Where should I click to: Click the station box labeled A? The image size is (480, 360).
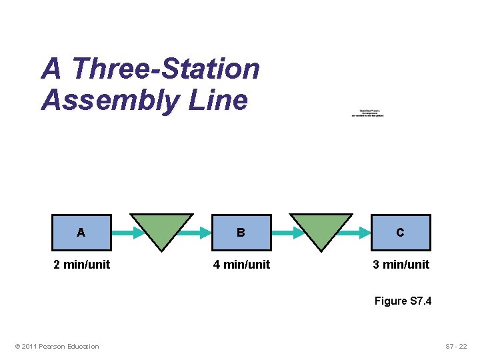click(81, 232)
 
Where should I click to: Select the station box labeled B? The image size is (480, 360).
click(241, 232)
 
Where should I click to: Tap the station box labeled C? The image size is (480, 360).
click(400, 232)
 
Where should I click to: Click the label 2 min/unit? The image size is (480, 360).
click(81, 265)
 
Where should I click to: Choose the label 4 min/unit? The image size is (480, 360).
click(241, 265)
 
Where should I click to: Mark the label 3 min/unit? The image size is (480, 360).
click(401, 265)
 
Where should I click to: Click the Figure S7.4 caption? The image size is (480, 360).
click(403, 301)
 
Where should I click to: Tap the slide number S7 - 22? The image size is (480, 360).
click(456, 346)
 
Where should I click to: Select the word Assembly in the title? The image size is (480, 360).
click(110, 101)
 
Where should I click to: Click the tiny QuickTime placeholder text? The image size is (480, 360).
click(369, 113)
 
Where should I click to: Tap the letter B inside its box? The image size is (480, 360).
click(241, 233)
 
